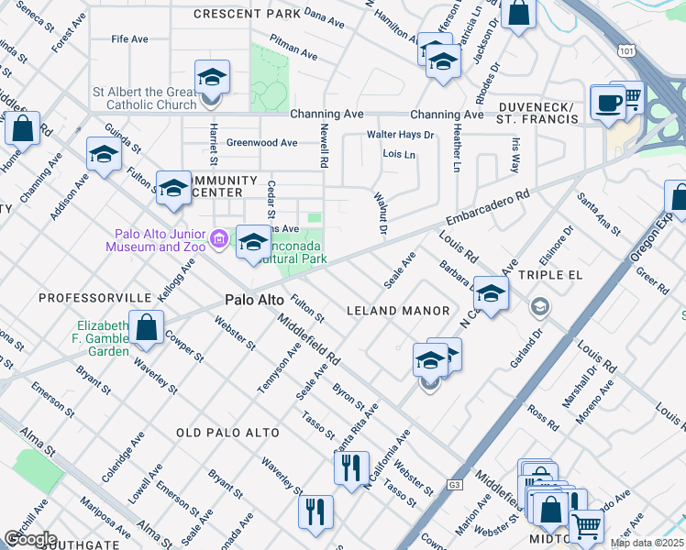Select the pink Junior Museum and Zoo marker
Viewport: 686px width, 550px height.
pos(218,240)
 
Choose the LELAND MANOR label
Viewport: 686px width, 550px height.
pos(397,311)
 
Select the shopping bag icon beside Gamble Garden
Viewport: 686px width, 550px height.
pos(146,327)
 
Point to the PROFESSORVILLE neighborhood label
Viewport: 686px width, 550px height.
pos(94,299)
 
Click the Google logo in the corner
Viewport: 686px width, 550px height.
pos(30,539)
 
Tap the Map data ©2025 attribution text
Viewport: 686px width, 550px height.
pos(646,543)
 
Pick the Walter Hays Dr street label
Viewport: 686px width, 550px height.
pos(400,135)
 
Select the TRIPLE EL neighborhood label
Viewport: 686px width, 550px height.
pos(549,275)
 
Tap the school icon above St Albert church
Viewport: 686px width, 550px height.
pos(211,77)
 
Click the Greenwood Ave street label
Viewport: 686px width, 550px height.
pos(261,143)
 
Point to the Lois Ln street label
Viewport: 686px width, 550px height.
pos(399,155)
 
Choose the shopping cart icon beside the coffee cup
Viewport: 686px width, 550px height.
pos(630,97)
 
